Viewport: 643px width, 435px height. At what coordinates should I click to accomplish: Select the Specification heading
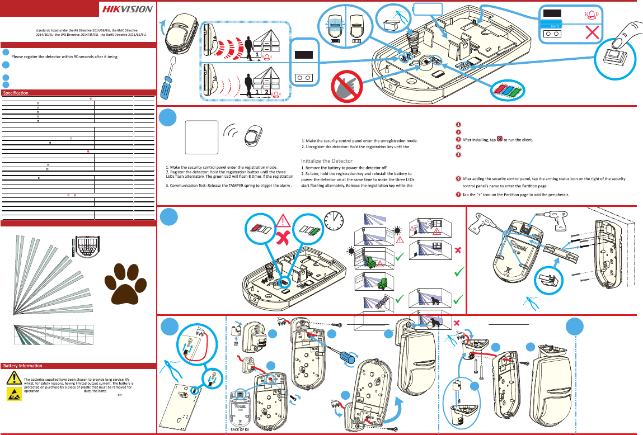(x=16, y=92)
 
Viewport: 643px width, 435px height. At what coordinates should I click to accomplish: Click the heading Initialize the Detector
(x=327, y=161)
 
